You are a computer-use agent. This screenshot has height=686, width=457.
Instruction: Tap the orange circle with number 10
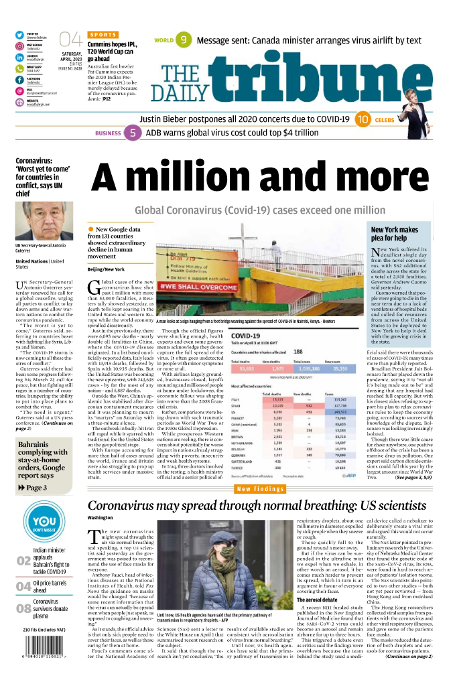(x=363, y=120)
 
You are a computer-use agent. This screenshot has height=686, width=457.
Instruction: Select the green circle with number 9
(x=183, y=40)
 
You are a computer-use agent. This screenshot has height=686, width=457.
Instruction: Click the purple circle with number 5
(x=132, y=133)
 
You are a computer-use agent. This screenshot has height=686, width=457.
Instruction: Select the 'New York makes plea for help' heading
(x=395, y=234)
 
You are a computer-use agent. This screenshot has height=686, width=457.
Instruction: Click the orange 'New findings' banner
(x=262, y=489)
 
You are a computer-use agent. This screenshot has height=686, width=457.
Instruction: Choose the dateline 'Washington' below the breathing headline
(x=101, y=518)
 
